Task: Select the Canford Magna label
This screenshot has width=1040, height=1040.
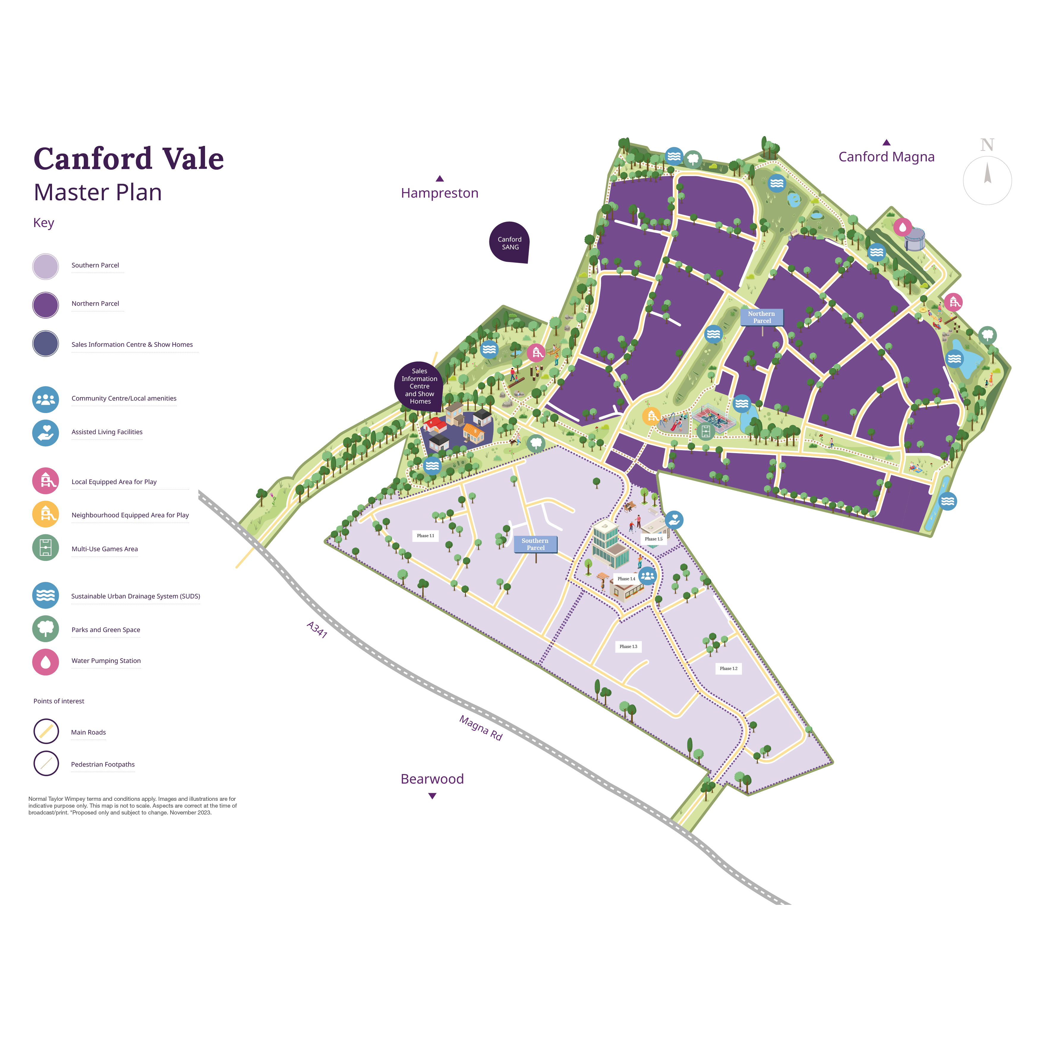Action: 886,157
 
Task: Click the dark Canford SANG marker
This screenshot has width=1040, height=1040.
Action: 509,243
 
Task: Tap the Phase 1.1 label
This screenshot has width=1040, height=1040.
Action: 425,536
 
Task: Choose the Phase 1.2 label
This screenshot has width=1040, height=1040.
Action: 728,669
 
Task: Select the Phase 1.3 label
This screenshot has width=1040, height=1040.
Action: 628,647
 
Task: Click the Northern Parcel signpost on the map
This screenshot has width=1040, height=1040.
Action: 761,317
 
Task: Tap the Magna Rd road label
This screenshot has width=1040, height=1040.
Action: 481,728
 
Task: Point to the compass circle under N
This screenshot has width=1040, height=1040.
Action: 987,180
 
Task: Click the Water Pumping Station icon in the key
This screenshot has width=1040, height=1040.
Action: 46,661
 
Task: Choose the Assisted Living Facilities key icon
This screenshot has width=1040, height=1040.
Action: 46,432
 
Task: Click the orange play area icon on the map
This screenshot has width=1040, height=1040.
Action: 651,416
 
